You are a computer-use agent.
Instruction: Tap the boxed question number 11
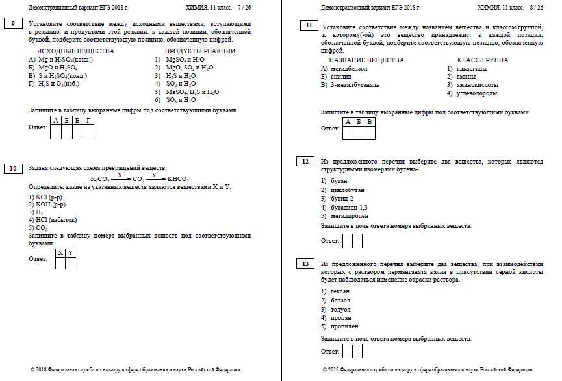pyautogui.click(x=307, y=25)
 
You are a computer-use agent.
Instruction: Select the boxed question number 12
pyautogui.click(x=305, y=161)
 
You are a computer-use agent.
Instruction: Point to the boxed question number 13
pyautogui.click(x=305, y=264)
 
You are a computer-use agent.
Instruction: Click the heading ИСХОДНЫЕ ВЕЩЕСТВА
pyautogui.click(x=75, y=51)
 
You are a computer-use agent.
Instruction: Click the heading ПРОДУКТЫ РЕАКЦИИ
pyautogui.click(x=196, y=51)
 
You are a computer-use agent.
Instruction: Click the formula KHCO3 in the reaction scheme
pyautogui.click(x=177, y=179)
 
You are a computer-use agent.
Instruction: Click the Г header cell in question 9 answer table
pyautogui.click(x=88, y=121)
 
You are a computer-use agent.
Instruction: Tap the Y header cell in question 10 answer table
pyautogui.click(x=70, y=252)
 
